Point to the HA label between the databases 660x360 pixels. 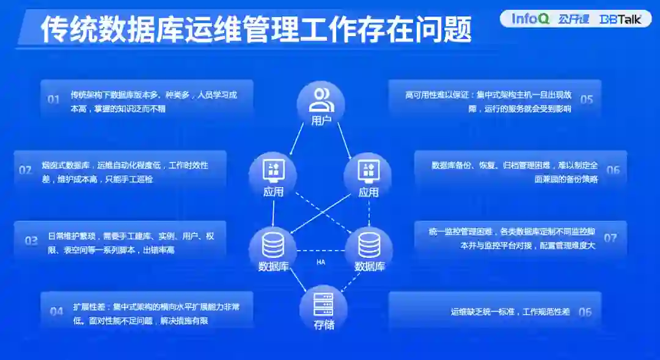click(321, 262)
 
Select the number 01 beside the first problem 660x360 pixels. click(54, 99)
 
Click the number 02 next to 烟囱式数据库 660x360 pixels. click(25, 170)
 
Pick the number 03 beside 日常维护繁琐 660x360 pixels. click(31, 240)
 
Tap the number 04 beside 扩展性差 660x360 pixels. click(57, 311)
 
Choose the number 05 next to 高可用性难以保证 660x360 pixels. click(587, 99)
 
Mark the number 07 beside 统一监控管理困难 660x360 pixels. click(610, 238)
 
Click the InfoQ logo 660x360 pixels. click(530, 18)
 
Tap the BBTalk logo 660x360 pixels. click(621, 19)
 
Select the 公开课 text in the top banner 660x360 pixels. click(573, 19)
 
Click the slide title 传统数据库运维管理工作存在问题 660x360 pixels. click(256, 29)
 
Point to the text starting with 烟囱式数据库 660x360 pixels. click(125, 172)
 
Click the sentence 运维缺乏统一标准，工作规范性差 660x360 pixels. click(510, 312)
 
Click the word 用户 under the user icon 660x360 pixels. click(321, 120)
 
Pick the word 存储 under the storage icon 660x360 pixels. click(324, 325)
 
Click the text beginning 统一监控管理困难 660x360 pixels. click(512, 238)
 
